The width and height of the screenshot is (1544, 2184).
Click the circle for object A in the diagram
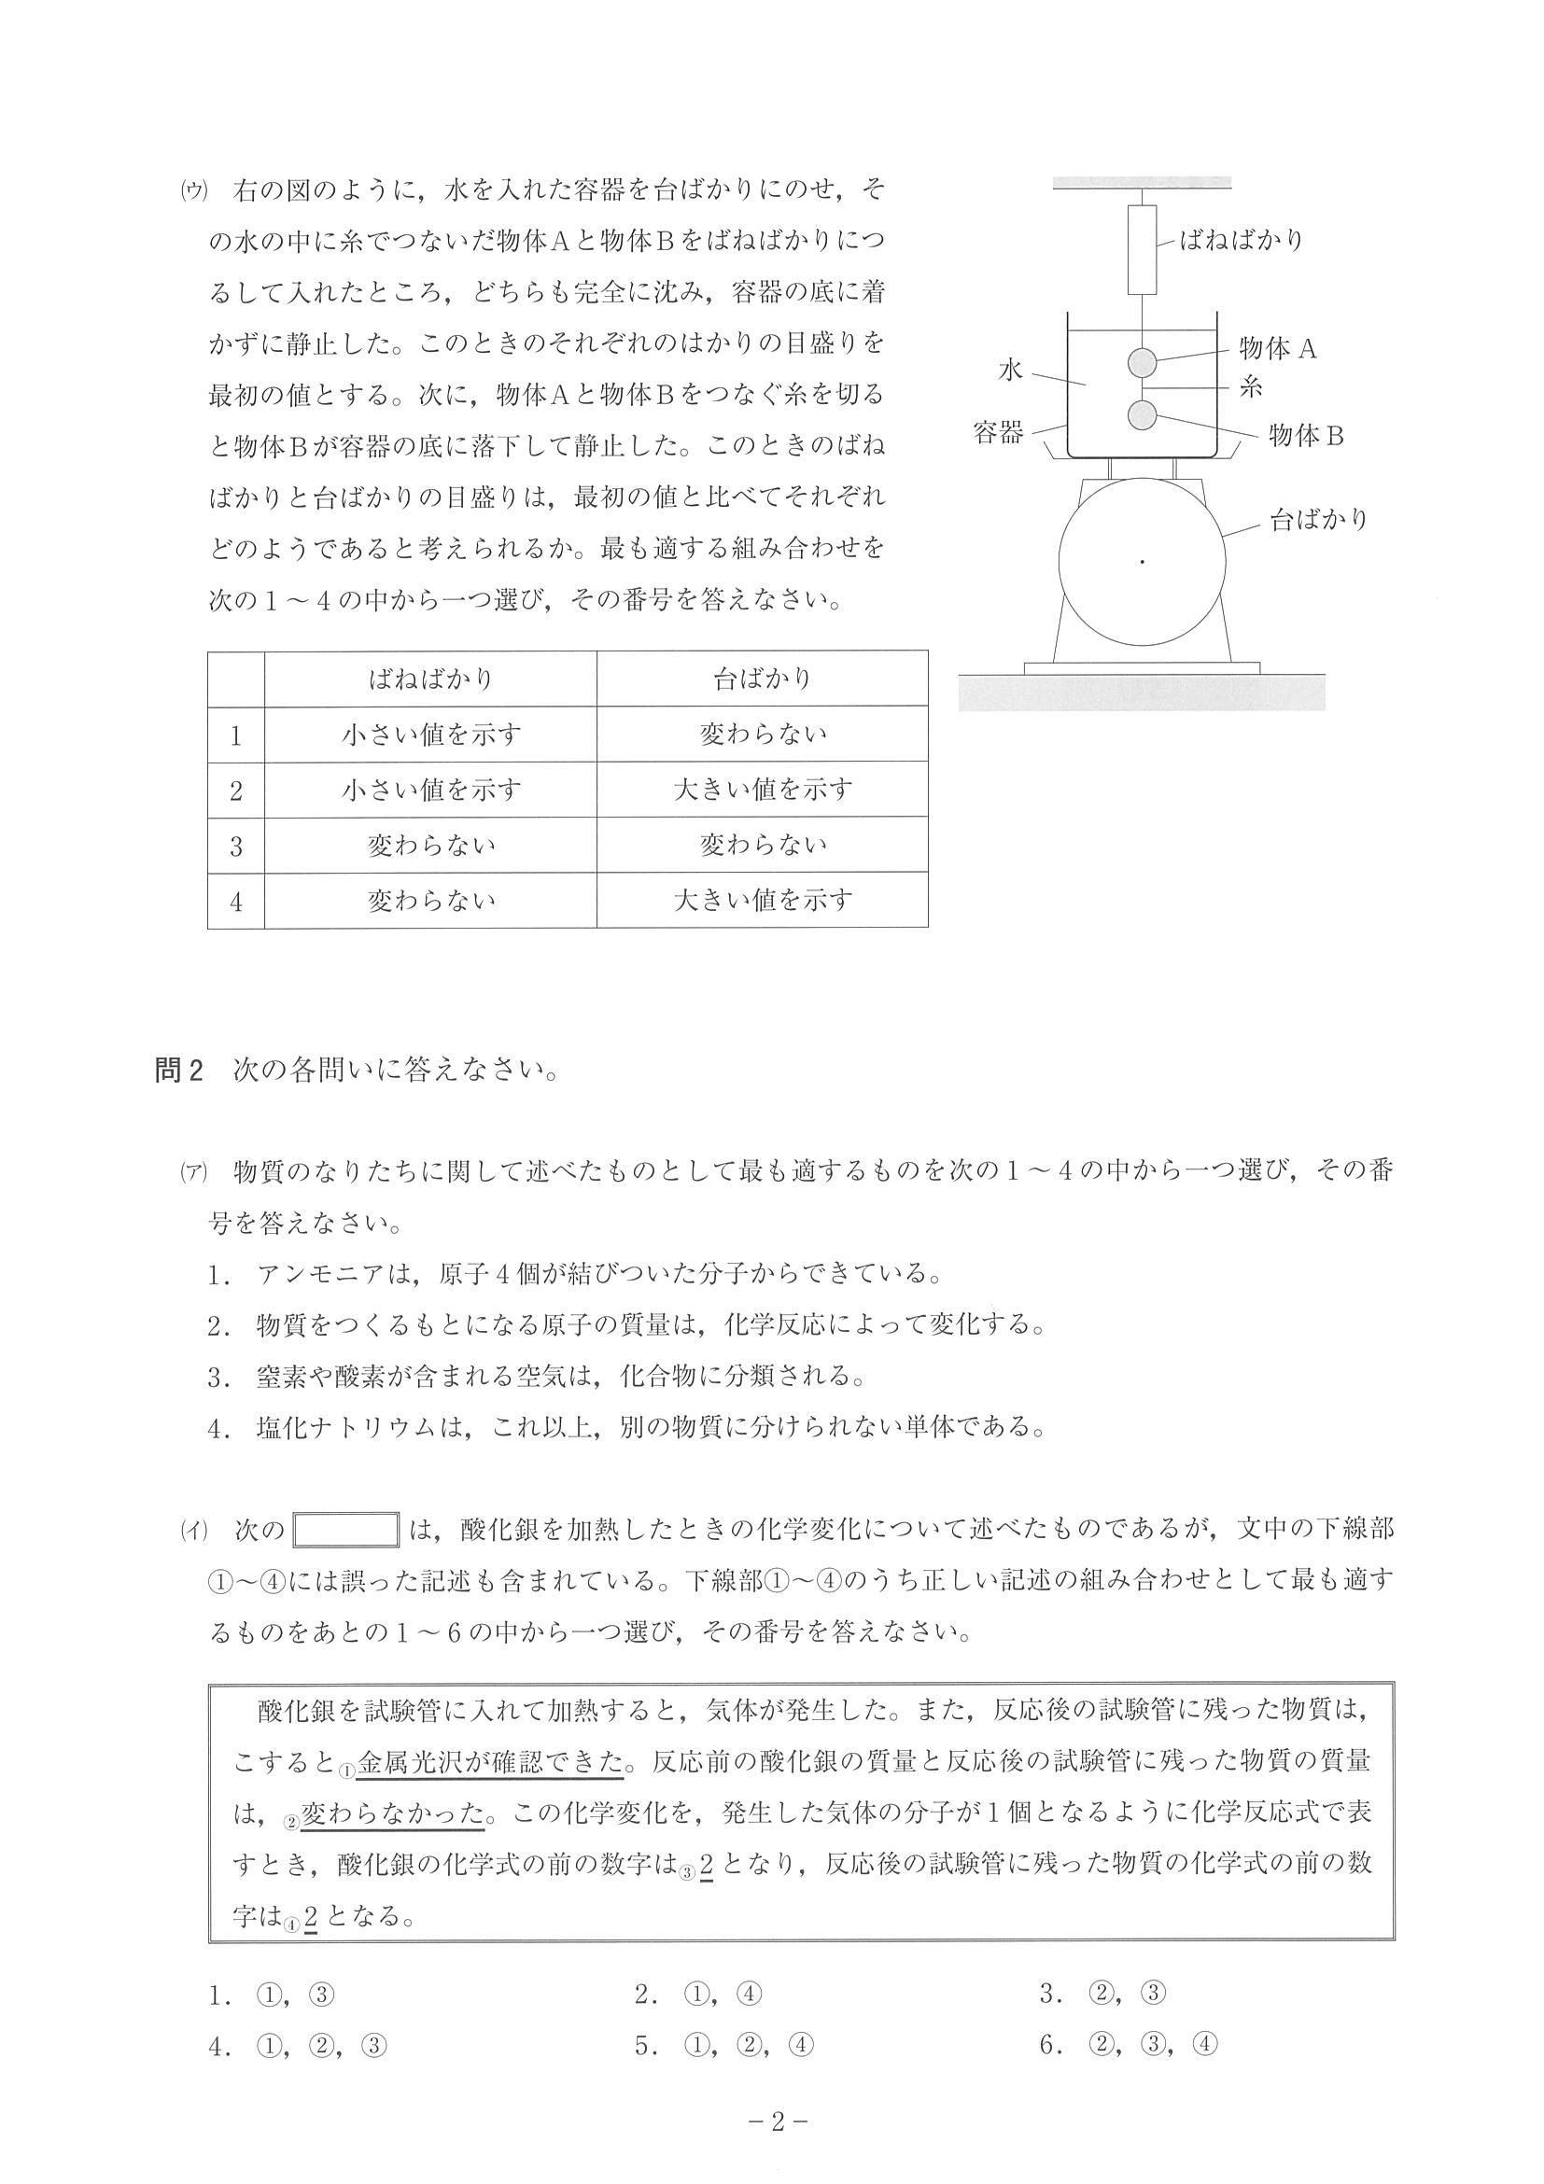tap(1142, 362)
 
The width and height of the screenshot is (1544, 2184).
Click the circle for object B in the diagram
tap(1142, 414)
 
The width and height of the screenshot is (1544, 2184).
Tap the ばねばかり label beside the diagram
tap(1241, 240)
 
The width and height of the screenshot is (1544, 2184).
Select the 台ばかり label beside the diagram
tap(1318, 520)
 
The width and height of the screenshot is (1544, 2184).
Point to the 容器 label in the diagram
tap(998, 434)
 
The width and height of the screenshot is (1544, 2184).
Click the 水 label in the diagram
tap(1009, 370)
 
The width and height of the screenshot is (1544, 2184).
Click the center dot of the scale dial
tap(1143, 562)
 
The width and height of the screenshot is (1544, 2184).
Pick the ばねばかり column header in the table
tap(430, 679)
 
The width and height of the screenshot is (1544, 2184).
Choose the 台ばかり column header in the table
tap(762, 679)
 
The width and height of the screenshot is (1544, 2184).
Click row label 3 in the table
tap(236, 846)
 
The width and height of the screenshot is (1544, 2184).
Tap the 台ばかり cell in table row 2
tap(762, 790)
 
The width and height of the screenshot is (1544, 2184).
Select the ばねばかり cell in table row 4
tap(430, 900)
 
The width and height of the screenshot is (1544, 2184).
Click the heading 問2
tap(179, 1071)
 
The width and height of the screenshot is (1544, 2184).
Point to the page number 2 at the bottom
tap(778, 2123)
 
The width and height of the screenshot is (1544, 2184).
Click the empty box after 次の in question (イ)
tap(345, 1531)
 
